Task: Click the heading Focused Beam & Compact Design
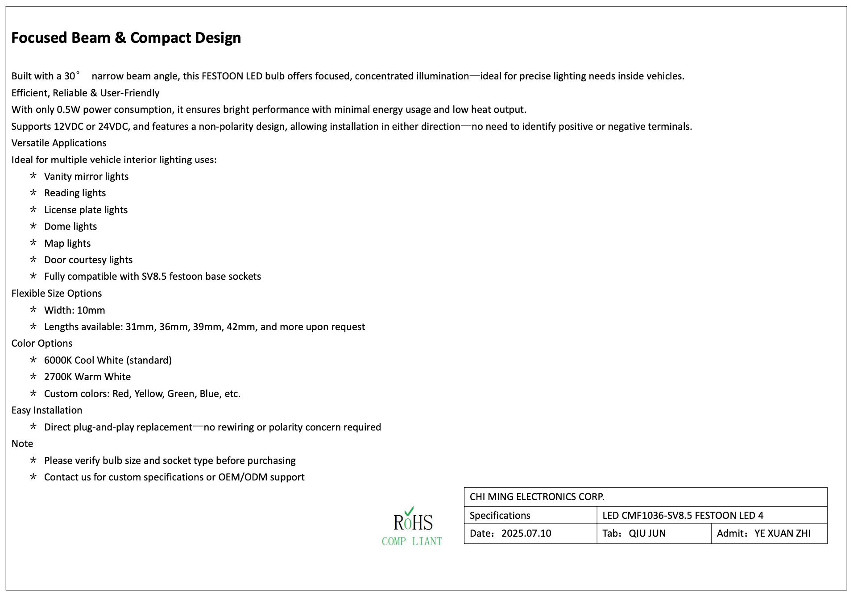click(126, 38)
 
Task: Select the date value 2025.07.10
click(526, 534)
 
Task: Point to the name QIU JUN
click(647, 534)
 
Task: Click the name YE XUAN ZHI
click(782, 534)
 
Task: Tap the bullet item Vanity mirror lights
click(86, 177)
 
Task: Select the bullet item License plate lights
click(86, 210)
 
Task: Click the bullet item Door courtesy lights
click(88, 260)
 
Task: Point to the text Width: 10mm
click(75, 310)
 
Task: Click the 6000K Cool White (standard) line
click(108, 360)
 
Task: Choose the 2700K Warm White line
click(87, 377)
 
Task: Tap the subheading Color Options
click(42, 344)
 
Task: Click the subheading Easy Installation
click(47, 410)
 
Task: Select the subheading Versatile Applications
click(59, 143)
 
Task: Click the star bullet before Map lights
click(33, 243)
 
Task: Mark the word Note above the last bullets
click(22, 444)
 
